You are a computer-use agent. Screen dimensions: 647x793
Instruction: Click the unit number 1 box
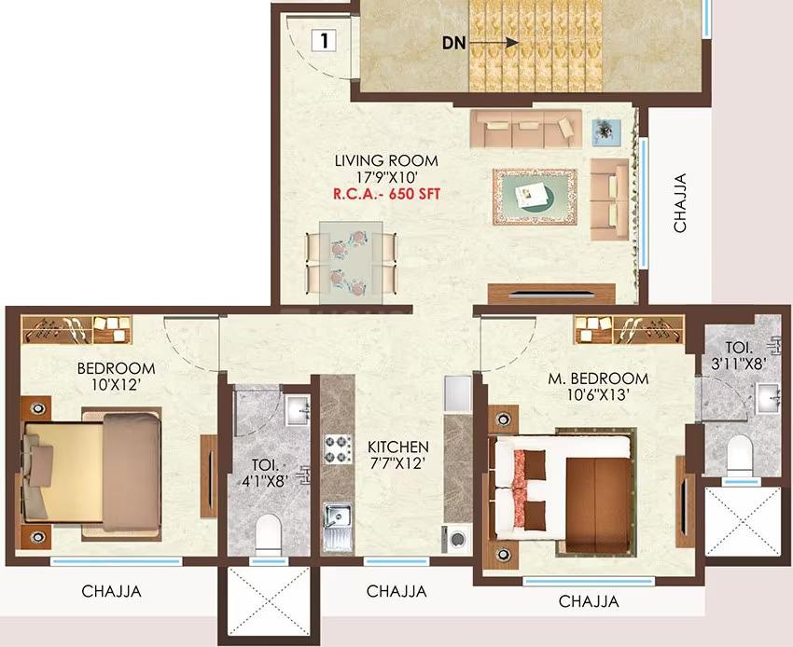[324, 40]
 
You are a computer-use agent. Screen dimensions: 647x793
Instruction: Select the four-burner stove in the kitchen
[336, 447]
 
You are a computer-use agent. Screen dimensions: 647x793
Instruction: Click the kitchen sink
[337, 518]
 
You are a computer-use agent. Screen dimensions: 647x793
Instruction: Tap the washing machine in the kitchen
[457, 539]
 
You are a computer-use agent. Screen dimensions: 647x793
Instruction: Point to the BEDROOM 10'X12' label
[117, 377]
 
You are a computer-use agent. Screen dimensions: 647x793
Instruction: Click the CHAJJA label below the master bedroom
[588, 601]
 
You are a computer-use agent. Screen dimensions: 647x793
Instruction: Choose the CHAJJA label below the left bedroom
[112, 590]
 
